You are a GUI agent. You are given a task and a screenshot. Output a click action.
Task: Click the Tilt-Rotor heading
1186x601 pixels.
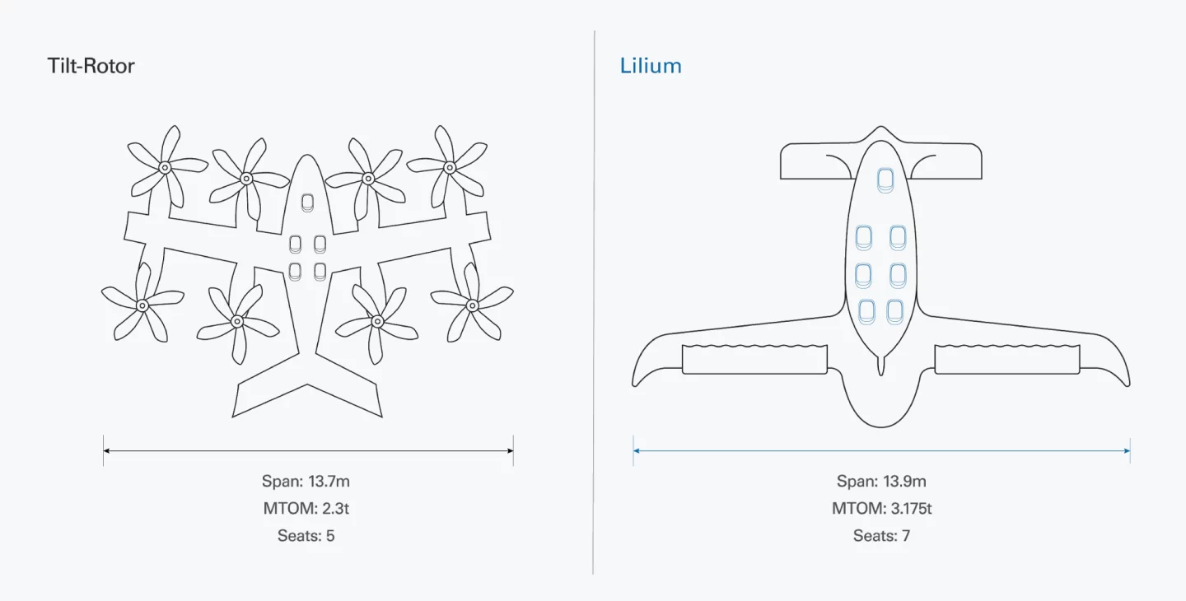91,66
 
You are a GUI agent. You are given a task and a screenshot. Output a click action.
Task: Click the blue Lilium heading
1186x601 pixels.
651,66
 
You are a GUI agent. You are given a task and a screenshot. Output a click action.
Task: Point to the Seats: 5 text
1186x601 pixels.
306,536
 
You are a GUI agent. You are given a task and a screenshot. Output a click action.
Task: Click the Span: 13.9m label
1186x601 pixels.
881,482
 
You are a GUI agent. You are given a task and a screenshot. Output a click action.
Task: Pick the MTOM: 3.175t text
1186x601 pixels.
881,509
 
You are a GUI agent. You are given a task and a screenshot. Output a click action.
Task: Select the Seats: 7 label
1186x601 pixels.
881,536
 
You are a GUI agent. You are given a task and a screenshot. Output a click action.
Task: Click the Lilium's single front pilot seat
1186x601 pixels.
885,180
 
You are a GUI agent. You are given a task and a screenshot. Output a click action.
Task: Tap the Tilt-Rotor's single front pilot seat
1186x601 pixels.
308,203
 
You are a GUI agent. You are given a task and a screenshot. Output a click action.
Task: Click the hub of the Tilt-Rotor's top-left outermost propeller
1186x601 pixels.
165,167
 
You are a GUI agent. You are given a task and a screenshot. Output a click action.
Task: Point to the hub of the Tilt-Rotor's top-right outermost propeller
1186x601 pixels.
450,167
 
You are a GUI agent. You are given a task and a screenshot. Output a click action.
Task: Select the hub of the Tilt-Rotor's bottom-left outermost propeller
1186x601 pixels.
142,305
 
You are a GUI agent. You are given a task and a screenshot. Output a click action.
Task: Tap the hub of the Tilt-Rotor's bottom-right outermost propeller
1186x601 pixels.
472,305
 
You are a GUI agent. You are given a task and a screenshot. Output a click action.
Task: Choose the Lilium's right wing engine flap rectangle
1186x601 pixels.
1006,360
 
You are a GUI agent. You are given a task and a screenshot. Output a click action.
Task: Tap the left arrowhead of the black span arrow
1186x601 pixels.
106,450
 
